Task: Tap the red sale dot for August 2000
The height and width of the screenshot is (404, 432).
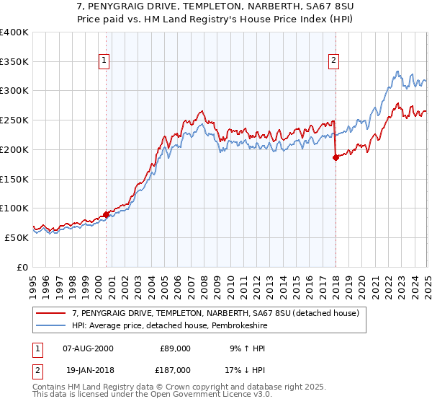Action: point(106,214)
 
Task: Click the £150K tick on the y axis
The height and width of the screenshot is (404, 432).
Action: point(14,179)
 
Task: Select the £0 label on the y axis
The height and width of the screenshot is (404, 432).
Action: point(23,267)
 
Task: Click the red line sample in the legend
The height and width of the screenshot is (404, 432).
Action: point(51,313)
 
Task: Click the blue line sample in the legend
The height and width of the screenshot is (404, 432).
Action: point(51,325)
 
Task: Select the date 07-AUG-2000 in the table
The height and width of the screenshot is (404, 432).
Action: point(88,348)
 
